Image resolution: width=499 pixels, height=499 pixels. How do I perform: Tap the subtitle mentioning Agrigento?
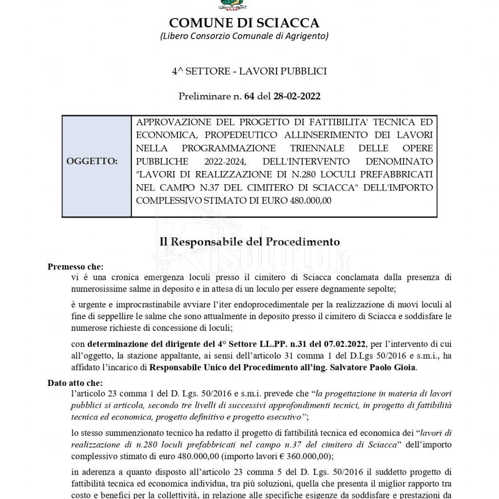pos(244,36)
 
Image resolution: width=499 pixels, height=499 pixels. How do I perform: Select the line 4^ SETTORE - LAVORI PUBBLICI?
pos(249,71)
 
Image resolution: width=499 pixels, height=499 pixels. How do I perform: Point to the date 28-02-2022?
pos(297,96)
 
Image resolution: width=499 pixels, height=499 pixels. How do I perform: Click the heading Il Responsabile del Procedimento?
pos(249,242)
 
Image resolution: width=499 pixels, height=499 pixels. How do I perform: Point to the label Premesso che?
pos(75,267)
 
